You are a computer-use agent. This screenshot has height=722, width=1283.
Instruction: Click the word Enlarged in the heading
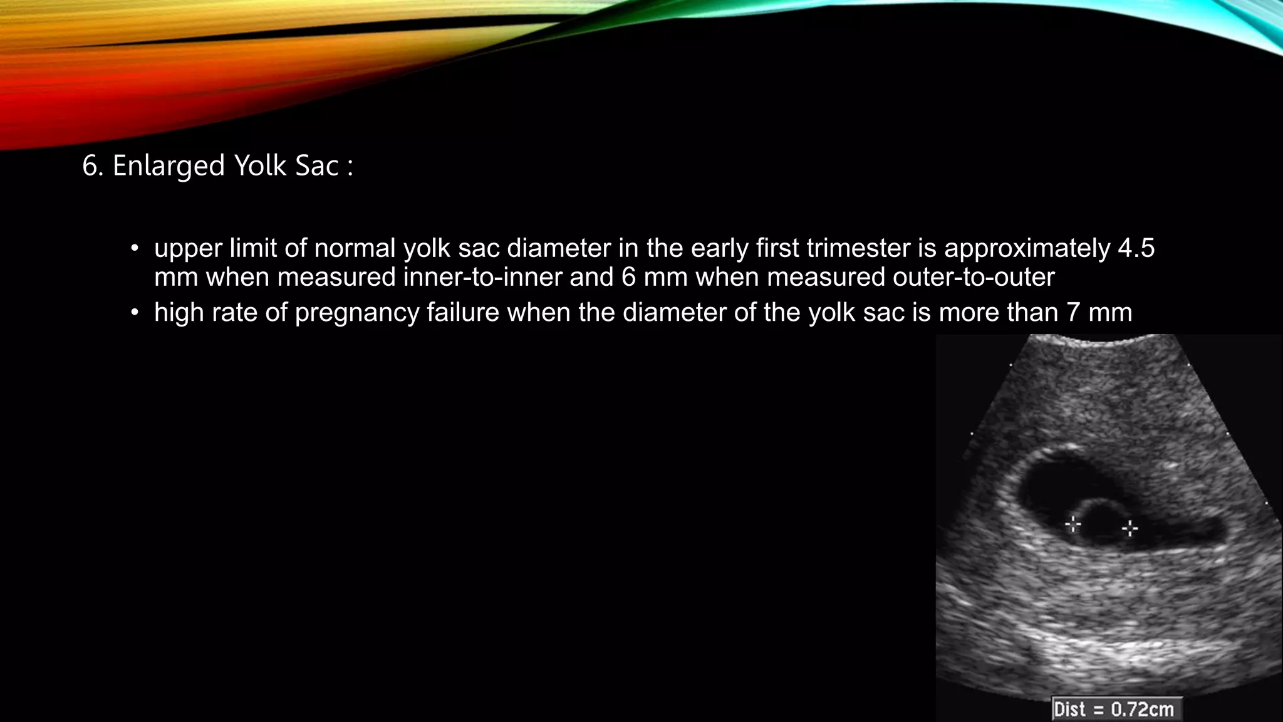click(169, 167)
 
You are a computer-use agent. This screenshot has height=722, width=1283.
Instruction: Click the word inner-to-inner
click(482, 277)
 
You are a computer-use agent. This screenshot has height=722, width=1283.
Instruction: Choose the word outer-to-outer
click(974, 277)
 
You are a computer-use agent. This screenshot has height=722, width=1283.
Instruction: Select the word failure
click(462, 312)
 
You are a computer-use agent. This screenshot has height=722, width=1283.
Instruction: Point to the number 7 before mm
click(1073, 312)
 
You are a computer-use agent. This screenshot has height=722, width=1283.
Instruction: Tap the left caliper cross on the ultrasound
click(1073, 524)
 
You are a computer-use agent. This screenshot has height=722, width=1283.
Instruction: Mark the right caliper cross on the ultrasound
click(1130, 529)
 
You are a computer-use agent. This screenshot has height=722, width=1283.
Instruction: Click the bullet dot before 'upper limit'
click(134, 249)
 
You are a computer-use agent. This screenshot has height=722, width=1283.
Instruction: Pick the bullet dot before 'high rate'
click(134, 312)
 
